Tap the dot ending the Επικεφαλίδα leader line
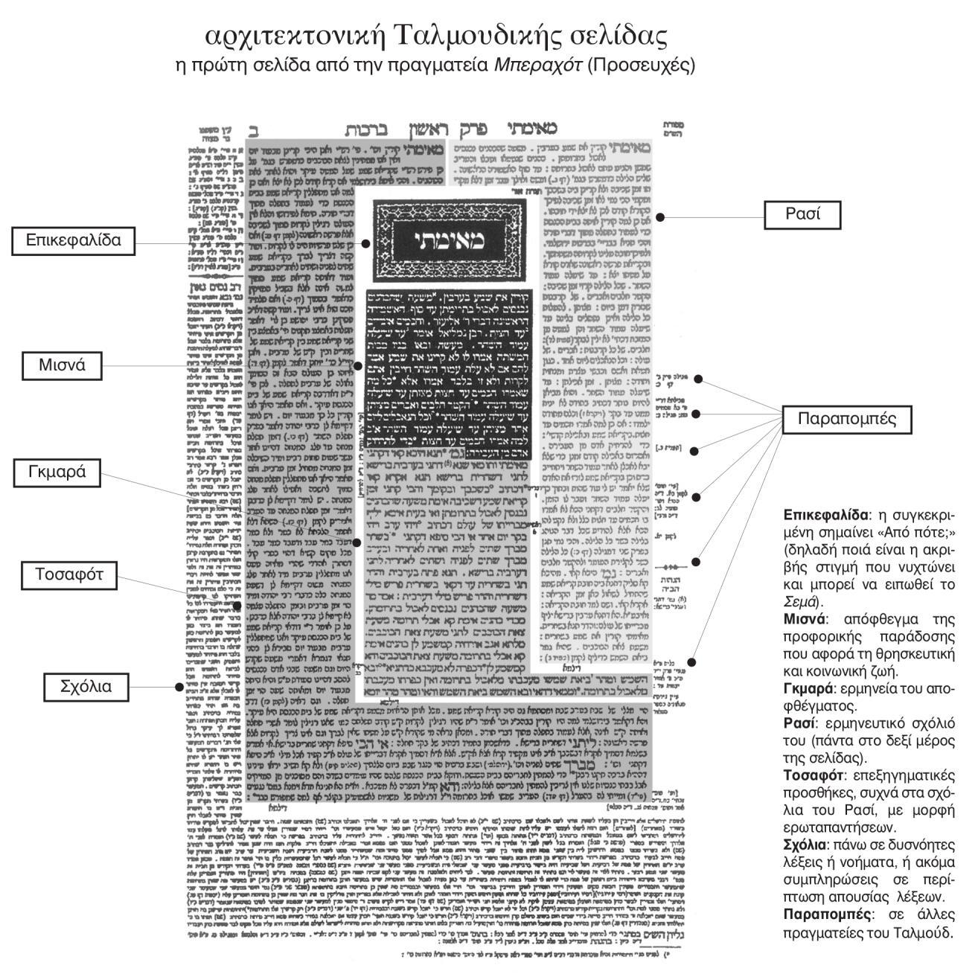pos(365,243)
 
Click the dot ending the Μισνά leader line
pos(358,366)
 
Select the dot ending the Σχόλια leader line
pos(179,687)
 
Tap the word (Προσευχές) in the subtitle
pos(641,65)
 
